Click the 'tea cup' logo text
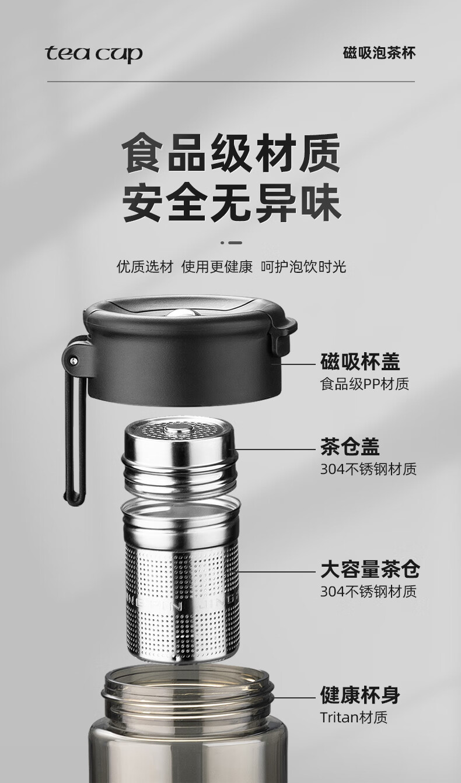(x=94, y=55)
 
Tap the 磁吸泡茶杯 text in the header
(x=379, y=53)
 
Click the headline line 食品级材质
(x=231, y=153)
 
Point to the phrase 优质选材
(x=145, y=266)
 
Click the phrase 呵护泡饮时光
(x=303, y=266)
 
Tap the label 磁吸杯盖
(x=360, y=361)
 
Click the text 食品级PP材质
(x=365, y=384)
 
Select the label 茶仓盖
(x=350, y=447)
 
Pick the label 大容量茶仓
(x=370, y=570)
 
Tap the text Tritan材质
(x=354, y=717)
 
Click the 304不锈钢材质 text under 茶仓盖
(x=368, y=469)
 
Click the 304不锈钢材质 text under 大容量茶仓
(x=368, y=592)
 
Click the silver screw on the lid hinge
(x=73, y=360)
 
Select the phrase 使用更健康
(x=217, y=266)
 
